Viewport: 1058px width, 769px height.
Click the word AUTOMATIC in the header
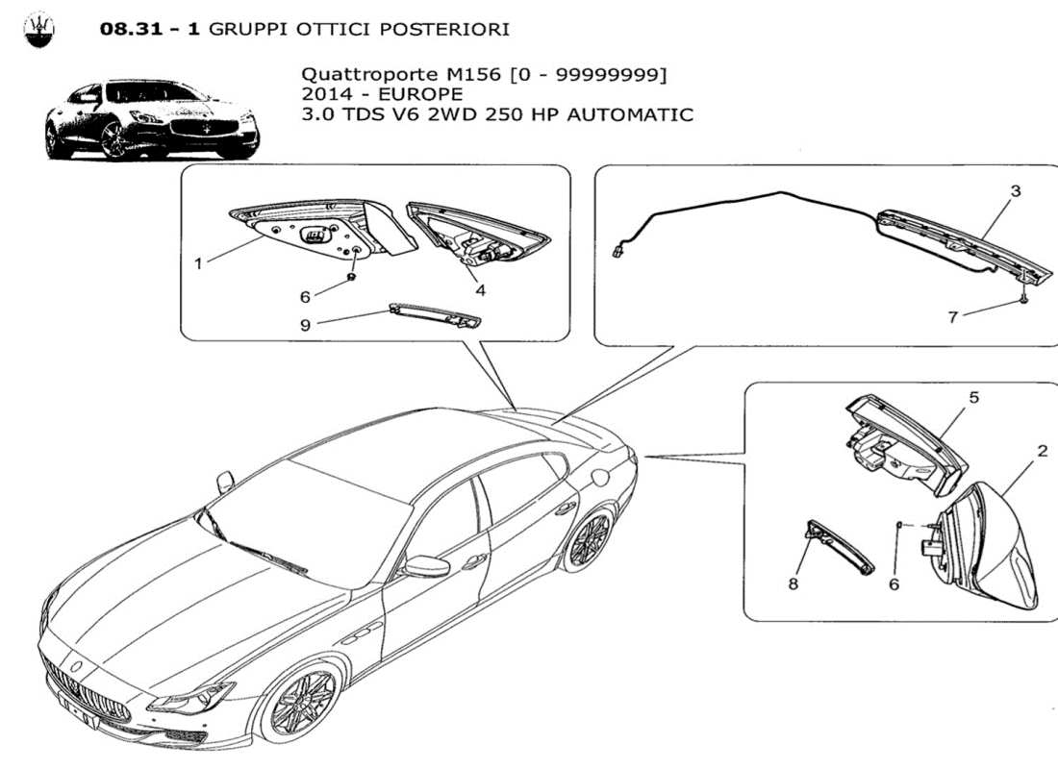click(x=630, y=114)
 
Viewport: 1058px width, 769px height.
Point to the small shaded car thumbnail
click(x=152, y=121)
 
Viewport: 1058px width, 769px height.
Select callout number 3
click(x=1015, y=191)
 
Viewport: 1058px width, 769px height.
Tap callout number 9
click(x=305, y=324)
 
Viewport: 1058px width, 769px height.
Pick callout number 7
click(x=953, y=317)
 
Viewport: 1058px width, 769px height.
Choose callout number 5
click(x=973, y=397)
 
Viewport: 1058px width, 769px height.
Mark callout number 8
click(x=793, y=583)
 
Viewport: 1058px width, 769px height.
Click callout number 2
click(x=1042, y=450)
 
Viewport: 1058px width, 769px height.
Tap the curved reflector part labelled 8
click(x=840, y=546)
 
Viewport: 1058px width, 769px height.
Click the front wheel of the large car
click(x=302, y=704)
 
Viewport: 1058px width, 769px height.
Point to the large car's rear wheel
click(x=589, y=540)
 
